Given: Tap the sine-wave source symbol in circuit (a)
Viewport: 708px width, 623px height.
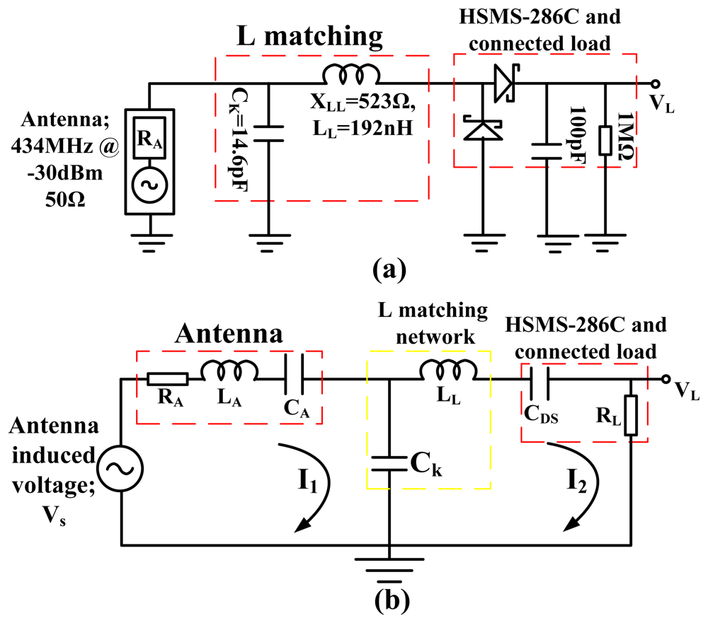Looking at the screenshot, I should click(149, 184).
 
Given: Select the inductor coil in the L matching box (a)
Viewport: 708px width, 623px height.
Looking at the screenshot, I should click(351, 74).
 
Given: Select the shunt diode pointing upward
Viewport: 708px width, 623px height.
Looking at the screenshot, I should click(483, 129).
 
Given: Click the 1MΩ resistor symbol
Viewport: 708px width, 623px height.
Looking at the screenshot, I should click(605, 140).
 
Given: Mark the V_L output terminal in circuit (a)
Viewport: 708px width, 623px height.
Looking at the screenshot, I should click(655, 83).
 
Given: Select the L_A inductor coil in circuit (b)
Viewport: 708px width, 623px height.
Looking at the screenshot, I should click(228, 369).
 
